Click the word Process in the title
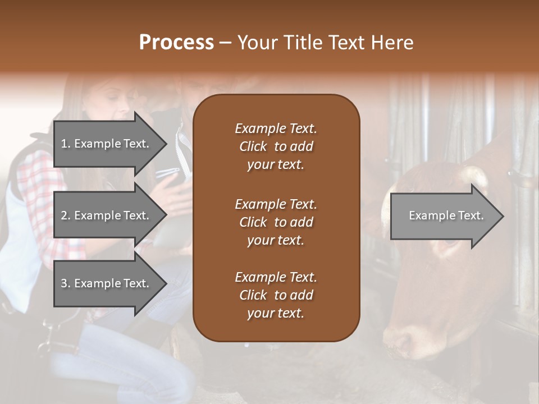176,43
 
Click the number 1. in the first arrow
66,144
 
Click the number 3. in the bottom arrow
66,283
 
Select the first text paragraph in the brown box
276,146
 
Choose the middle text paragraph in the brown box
276,222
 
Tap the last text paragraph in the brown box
276,295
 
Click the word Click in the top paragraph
253,146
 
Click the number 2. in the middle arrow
66,215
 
